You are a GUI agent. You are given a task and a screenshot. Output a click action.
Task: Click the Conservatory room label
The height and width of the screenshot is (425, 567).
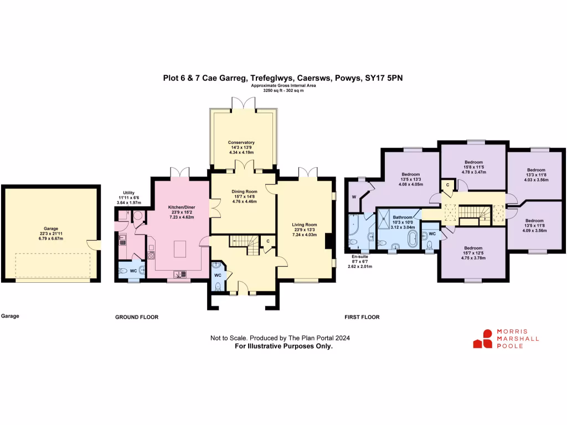[x=241, y=142]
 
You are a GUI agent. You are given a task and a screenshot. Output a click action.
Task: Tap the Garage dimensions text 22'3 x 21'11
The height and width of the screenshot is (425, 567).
[x=51, y=234]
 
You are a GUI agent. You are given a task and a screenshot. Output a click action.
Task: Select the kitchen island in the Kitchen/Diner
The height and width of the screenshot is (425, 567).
[x=180, y=249]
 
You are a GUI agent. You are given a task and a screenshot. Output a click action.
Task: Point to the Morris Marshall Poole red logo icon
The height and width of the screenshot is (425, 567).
[x=483, y=339]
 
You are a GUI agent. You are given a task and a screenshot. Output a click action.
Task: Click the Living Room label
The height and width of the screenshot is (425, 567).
[x=305, y=225]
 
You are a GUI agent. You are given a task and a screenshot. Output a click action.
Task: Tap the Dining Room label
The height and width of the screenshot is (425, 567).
[x=244, y=191]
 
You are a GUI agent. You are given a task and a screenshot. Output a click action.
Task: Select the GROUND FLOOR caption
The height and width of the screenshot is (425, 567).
[x=137, y=317]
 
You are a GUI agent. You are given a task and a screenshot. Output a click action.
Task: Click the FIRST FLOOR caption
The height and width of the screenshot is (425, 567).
[x=362, y=317]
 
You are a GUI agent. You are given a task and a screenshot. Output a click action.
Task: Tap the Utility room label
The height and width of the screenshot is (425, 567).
[x=128, y=193]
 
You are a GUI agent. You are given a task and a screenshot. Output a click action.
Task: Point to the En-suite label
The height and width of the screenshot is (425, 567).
[x=360, y=256]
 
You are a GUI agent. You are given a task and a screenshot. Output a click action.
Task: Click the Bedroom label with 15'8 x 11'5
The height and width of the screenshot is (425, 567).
[x=474, y=162]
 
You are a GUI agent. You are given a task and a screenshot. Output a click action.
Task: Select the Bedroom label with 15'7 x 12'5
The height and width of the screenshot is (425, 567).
[x=473, y=248]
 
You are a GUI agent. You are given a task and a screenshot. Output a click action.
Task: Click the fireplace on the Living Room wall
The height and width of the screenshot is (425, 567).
[x=329, y=241]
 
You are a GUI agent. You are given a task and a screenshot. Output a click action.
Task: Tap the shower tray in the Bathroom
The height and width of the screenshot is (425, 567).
[x=383, y=219]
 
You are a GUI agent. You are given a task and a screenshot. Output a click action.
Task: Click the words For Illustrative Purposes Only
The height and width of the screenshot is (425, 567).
[x=284, y=346]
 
